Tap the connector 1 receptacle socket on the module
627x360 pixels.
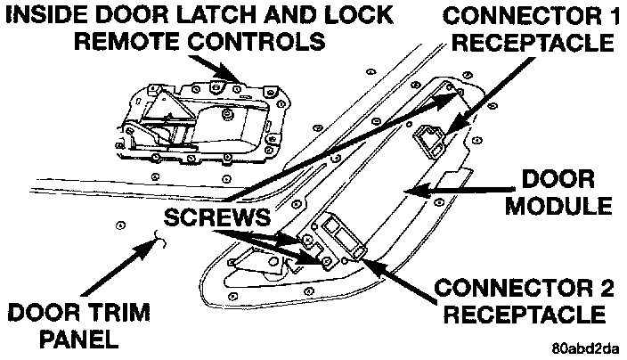[x=431, y=135]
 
